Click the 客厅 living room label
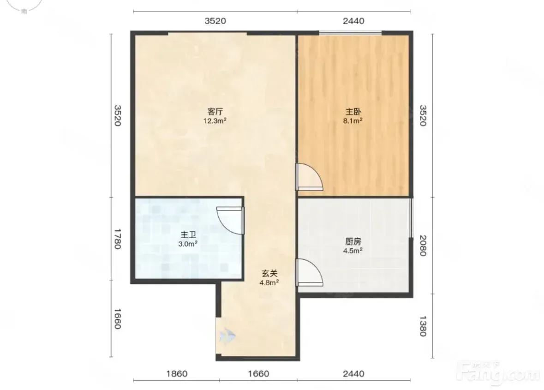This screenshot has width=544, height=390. [215, 112]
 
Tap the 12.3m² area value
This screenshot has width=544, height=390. [215, 121]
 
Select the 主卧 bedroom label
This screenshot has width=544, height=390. [353, 112]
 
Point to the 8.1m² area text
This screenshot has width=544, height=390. [353, 121]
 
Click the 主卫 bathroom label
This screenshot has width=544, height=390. [188, 235]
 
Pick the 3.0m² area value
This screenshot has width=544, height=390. [188, 244]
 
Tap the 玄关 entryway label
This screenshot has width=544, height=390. [269, 273]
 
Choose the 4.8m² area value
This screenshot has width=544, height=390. [269, 282]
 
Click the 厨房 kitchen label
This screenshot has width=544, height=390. [353, 241]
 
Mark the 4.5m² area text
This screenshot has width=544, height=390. [353, 251]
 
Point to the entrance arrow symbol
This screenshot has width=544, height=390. [227, 336]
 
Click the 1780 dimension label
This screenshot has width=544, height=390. [117, 239]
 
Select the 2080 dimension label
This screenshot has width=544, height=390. [423, 246]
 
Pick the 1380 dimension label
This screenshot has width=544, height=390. [423, 326]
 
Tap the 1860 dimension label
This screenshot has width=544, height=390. [177, 374]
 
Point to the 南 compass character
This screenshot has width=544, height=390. [24, 11]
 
